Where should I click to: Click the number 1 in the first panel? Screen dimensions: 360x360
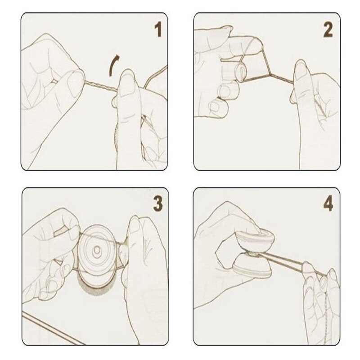pos(158,30)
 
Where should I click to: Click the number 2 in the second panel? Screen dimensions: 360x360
pos(328,30)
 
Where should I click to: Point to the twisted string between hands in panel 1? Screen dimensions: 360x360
pos(100,85)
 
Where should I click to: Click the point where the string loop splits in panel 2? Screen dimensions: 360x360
pos(270,74)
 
